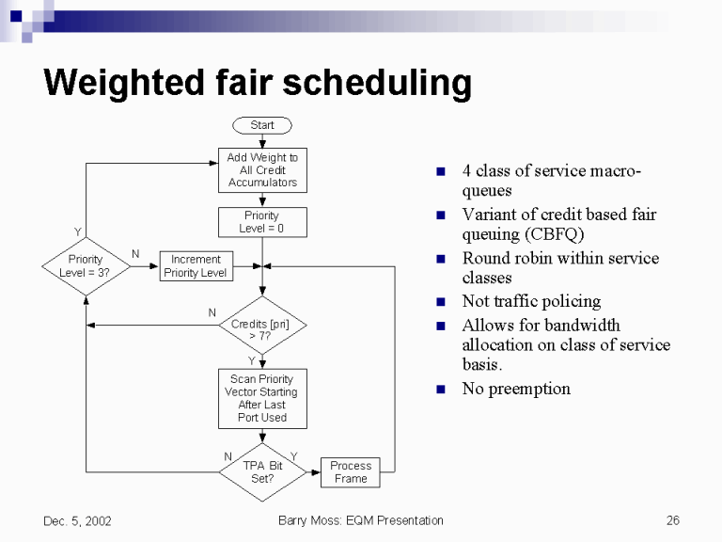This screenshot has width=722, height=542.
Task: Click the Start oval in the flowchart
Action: pos(262,125)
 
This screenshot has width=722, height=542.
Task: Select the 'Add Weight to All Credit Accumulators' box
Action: pos(262,170)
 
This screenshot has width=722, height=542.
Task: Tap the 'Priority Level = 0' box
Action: pos(262,222)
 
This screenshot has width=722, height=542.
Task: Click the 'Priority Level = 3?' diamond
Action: pos(85,266)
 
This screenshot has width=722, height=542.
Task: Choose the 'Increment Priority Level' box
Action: pos(196,266)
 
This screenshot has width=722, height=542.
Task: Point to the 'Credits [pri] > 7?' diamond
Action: pos(262,326)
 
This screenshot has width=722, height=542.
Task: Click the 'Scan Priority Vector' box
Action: pos(262,398)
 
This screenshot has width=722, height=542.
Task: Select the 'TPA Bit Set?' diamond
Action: pos(262,472)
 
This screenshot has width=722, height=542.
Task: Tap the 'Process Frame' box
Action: pos(351,472)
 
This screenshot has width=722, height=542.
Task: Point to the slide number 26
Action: pos(672,520)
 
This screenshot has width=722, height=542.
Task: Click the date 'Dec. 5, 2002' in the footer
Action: pos(77,520)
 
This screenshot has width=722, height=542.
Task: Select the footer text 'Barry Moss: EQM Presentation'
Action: pos(361,520)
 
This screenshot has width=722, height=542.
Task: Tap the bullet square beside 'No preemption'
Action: pos(439,390)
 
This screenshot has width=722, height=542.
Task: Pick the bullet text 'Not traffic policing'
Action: pos(531,301)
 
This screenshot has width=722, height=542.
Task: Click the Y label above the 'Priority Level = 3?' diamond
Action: pos(77,231)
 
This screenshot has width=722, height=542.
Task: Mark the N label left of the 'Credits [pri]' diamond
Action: pos(212,312)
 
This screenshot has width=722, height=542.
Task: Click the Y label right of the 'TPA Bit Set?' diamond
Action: pos(293,456)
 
